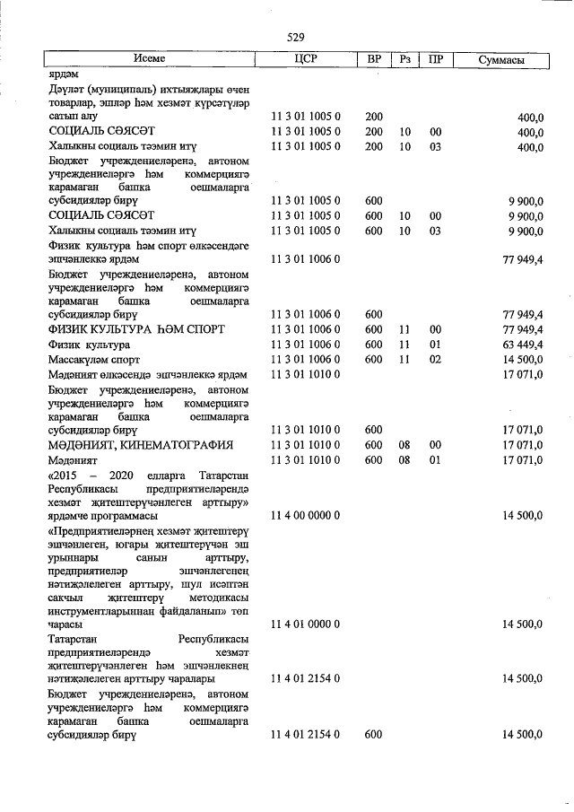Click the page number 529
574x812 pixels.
[296, 38]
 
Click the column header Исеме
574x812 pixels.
[150, 59]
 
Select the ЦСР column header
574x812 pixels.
[307, 59]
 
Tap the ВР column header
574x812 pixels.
[374, 59]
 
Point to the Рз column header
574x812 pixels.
[405, 59]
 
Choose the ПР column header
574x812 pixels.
[436, 59]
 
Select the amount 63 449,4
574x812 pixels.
[519, 345]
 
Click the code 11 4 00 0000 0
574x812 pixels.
[306, 516]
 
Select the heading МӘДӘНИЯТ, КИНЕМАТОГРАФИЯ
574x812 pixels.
[141, 445]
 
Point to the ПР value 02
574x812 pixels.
[436, 359]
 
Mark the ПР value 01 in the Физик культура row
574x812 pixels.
[436, 345]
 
